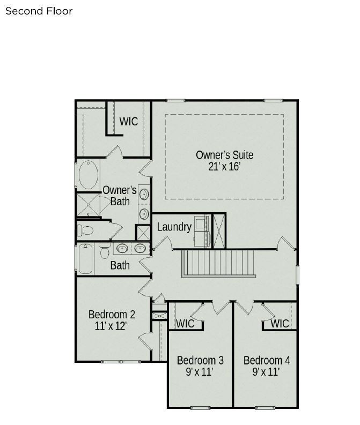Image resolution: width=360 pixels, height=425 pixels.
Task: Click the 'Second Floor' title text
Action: click(x=39, y=11)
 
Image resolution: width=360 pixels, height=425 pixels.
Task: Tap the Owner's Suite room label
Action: click(x=224, y=155)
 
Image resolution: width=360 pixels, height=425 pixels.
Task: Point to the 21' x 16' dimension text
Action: click(x=224, y=167)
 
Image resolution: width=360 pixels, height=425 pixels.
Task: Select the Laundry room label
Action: click(x=174, y=227)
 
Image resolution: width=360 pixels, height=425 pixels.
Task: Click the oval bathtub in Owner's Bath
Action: click(x=89, y=174)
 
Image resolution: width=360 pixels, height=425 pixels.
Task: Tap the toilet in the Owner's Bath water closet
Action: click(x=85, y=230)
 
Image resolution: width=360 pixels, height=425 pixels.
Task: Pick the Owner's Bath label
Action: click(x=120, y=196)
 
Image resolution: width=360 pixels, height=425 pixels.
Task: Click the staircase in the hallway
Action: click(x=218, y=263)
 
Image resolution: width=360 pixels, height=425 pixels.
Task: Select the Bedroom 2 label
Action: click(x=112, y=314)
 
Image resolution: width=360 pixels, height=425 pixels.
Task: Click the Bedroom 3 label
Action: click(x=200, y=360)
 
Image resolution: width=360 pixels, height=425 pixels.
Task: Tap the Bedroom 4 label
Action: click(x=266, y=360)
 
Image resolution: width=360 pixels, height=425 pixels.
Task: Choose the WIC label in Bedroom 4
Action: click(x=280, y=324)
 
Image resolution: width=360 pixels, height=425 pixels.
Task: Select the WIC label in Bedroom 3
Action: click(x=185, y=324)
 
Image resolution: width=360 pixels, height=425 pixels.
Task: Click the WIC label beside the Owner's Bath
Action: click(x=128, y=121)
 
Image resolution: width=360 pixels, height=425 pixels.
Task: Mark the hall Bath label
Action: click(x=120, y=265)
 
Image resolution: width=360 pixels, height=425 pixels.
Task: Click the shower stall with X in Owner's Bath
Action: click(x=89, y=204)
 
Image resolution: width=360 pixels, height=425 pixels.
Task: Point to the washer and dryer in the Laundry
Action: click(x=202, y=230)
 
